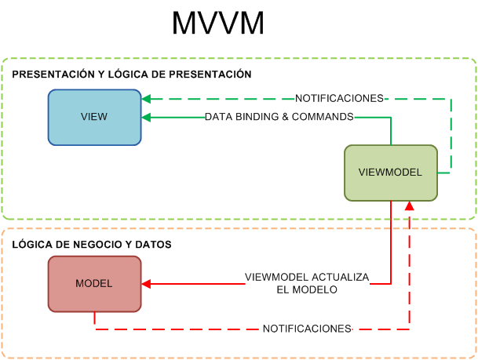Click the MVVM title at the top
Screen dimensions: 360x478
pos(218,24)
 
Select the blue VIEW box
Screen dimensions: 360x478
pos(94,117)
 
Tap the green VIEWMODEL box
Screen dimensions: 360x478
pos(390,173)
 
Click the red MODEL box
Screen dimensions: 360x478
pos(94,283)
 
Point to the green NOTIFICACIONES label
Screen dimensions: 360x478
pos(339,99)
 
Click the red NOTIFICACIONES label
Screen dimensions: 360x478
pos(307,329)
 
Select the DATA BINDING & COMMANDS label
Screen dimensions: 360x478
pos(279,117)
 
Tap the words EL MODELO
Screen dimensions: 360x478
pos(306,289)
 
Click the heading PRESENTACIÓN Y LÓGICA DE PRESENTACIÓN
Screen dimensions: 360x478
pos(132,75)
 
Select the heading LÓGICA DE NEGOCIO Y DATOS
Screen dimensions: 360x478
pos(92,245)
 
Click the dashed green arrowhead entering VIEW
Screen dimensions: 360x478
pos(147,99)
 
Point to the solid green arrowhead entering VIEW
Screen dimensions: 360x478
pos(147,117)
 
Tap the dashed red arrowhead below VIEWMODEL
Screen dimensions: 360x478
pos(408,205)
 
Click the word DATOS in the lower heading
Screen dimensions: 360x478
pos(156,245)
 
